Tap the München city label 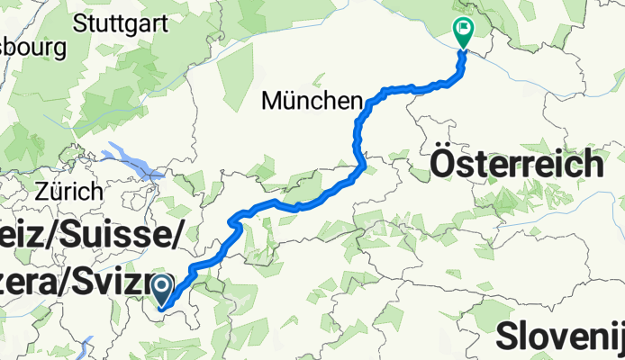pyautogui.click(x=311, y=102)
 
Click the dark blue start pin pyautogui.click(x=162, y=290)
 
